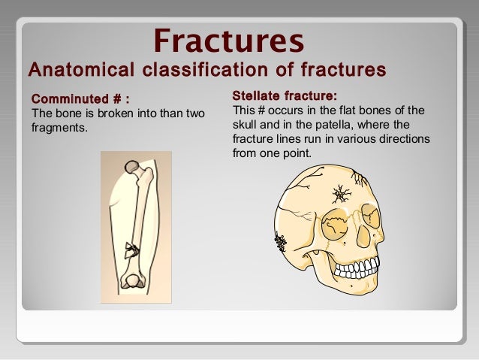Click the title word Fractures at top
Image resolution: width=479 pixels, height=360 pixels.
[x=229, y=40]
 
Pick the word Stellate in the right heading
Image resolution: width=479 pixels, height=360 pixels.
[x=257, y=95]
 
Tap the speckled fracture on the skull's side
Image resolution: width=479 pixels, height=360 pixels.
[x=282, y=241]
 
